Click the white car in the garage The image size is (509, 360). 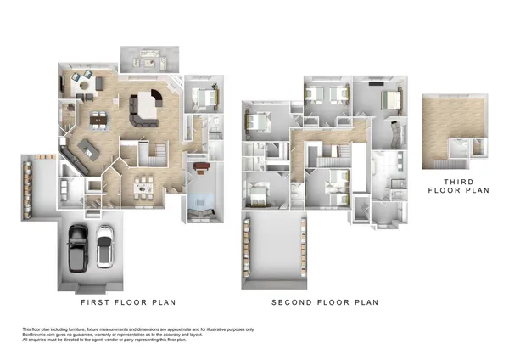104,245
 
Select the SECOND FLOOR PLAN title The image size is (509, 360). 325,302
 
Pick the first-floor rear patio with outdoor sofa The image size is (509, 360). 149,59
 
